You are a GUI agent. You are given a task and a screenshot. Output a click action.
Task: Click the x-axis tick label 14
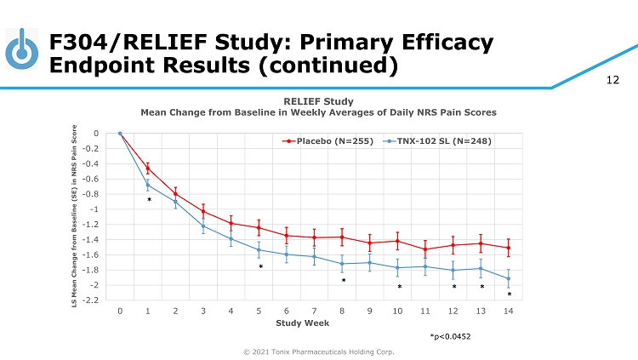pos(508,311)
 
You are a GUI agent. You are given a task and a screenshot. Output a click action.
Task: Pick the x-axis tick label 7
pos(314,311)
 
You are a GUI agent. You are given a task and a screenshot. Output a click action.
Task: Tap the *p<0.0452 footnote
pos(450,337)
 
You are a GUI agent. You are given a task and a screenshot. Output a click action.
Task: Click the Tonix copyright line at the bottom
pos(319,351)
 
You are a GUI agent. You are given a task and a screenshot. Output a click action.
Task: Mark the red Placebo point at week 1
pos(147,169)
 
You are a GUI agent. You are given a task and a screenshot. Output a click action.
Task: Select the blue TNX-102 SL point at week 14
pos(509,278)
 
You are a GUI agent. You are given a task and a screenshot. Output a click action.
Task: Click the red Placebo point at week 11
pos(425,249)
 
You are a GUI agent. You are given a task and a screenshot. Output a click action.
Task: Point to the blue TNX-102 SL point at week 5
pos(259,249)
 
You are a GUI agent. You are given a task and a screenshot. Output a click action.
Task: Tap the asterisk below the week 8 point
pos(344,281)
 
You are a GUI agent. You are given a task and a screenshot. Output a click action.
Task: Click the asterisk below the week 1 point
pos(149,201)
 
